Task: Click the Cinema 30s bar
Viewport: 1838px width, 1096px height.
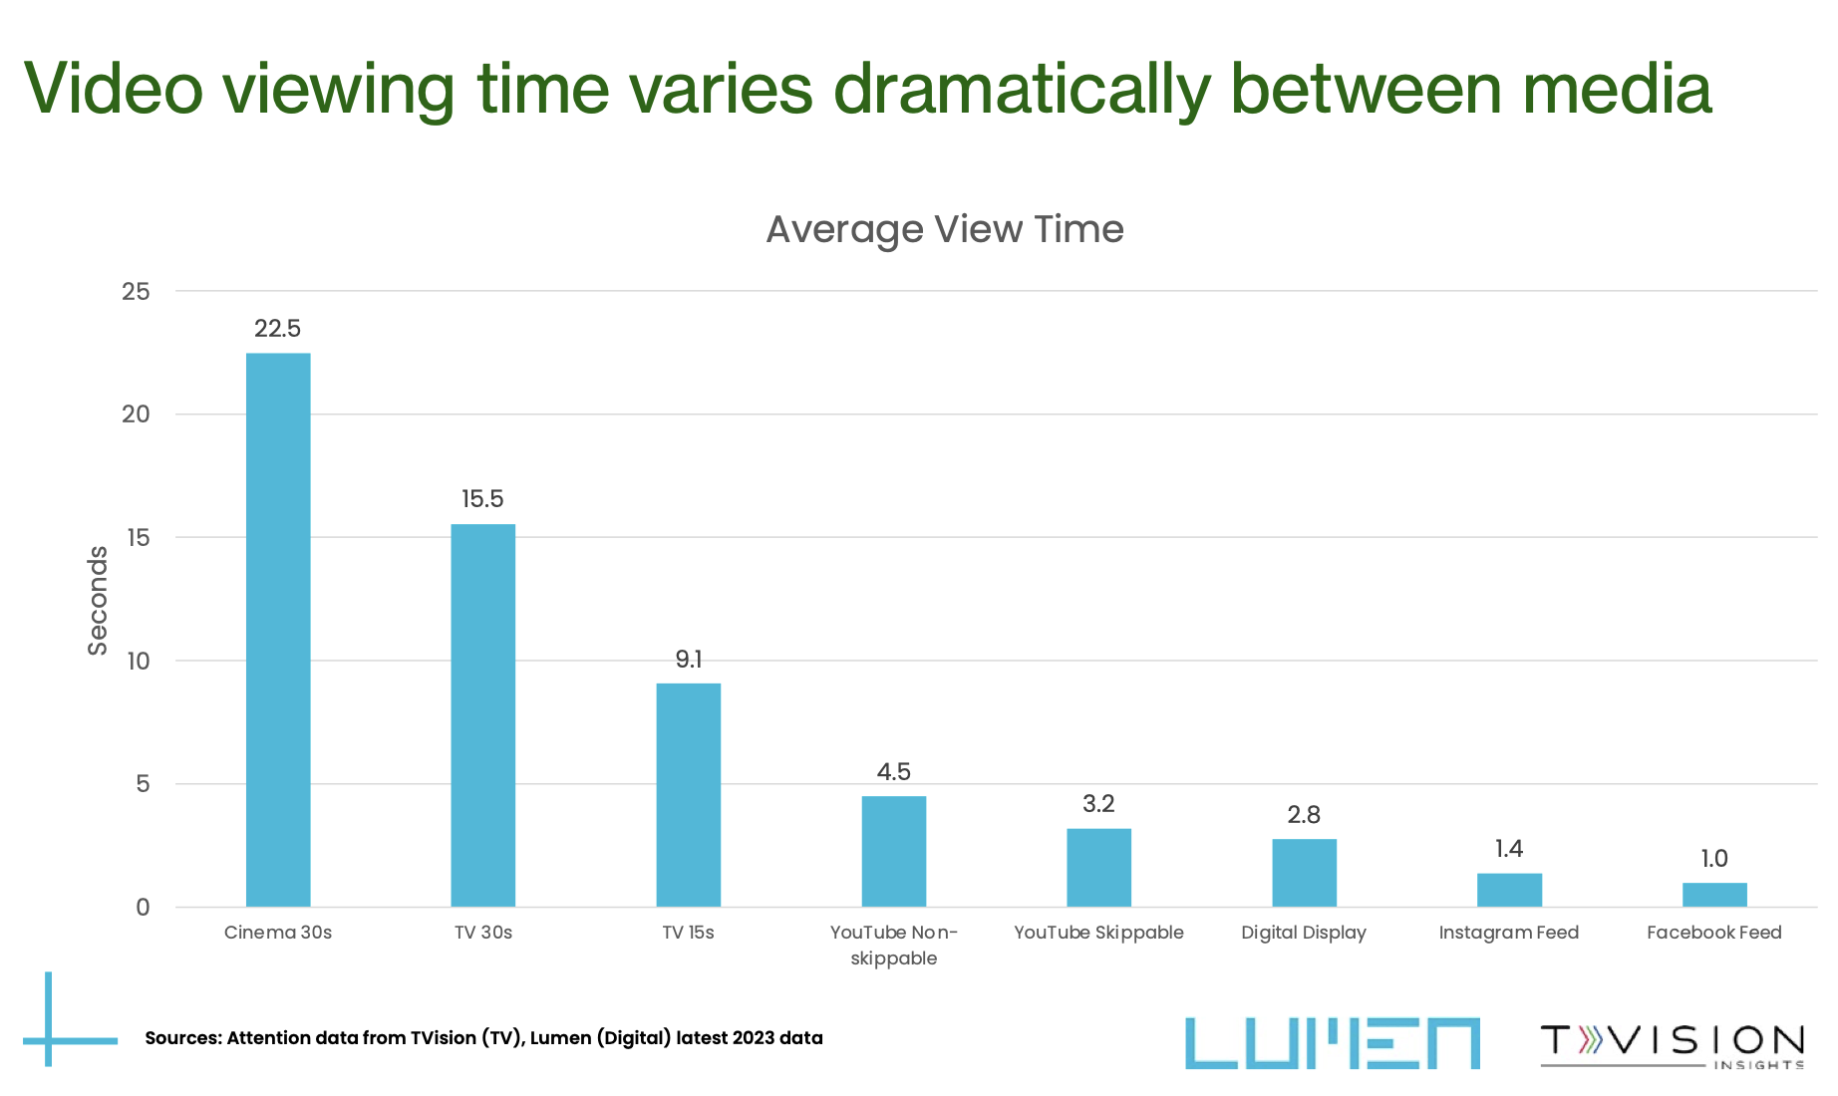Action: (278, 630)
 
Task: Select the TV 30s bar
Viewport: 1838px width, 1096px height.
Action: (483, 715)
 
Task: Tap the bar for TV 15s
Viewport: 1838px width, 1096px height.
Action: (689, 795)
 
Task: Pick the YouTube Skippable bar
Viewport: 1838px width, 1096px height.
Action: (1098, 867)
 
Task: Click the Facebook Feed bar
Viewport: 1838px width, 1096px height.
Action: (1714, 895)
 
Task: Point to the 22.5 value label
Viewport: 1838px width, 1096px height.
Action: (277, 329)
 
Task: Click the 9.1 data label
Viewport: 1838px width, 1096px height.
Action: (689, 660)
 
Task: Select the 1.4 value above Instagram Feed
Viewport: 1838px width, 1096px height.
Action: (1509, 849)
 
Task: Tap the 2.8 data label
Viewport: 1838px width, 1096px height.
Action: (1304, 815)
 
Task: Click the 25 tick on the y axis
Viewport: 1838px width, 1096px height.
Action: (136, 291)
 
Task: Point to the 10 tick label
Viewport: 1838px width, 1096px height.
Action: (136, 661)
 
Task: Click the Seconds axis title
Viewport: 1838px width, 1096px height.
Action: (98, 600)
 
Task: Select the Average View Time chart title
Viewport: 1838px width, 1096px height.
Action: (945, 230)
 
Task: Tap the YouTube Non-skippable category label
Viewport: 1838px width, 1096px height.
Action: (893, 945)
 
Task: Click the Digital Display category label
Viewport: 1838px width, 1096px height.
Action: (1304, 933)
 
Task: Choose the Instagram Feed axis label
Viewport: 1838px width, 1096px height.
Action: (1509, 933)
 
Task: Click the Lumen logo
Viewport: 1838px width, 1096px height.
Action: (1332, 1043)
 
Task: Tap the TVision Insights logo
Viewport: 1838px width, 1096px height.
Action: (1673, 1044)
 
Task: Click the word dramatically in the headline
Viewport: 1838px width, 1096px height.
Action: (1022, 90)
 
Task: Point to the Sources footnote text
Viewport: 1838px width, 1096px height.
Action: (484, 1038)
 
